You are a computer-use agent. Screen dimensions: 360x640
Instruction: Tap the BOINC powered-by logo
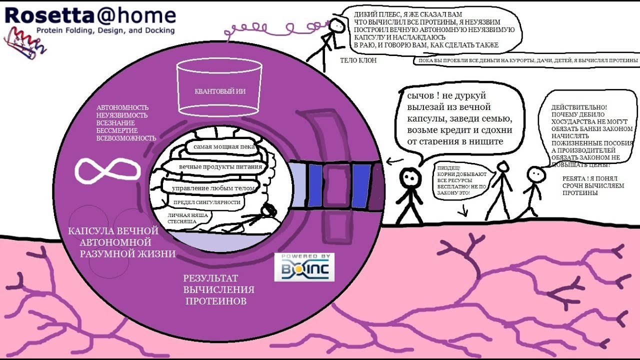coord(304,267)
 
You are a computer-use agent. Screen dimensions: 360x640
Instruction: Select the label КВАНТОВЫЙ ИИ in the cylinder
coord(220,91)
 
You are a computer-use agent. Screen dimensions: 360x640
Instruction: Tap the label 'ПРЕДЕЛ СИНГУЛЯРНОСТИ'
coord(207,202)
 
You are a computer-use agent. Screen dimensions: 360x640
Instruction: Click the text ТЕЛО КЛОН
coord(358,60)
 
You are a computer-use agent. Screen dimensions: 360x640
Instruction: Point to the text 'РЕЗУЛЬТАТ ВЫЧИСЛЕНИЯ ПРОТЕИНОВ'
coord(218,289)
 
